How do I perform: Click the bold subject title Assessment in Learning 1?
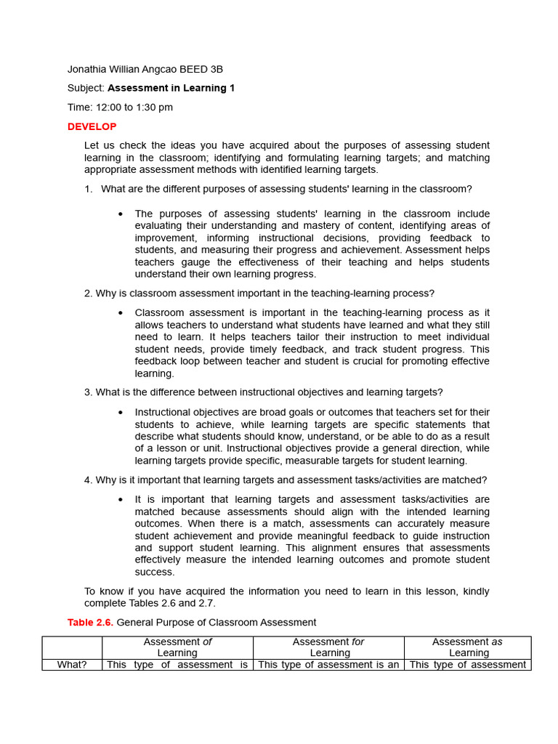tap(171, 89)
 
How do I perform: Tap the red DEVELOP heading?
tap(92, 126)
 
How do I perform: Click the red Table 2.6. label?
tap(91, 623)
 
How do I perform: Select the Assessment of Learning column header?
tap(177, 647)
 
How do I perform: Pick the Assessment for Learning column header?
tap(328, 647)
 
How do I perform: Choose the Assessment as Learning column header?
tap(467, 647)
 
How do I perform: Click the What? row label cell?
tap(72, 665)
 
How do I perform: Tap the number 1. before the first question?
tap(89, 189)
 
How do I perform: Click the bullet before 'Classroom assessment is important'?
tap(120, 313)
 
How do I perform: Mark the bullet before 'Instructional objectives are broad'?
tap(120, 413)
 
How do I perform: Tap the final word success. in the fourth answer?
tap(155, 572)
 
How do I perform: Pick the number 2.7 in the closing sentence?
tap(207, 604)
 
